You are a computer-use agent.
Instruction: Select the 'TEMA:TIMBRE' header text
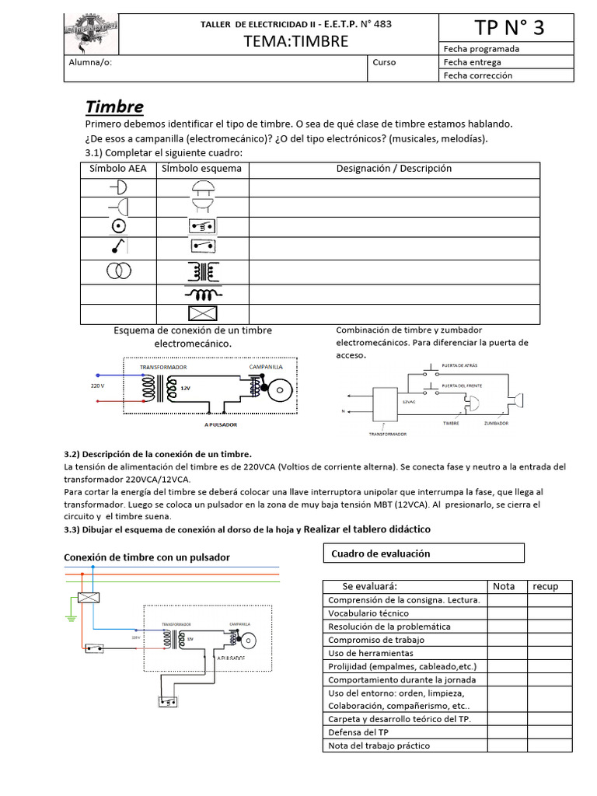coord(295,41)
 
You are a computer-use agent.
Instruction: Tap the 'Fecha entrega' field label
coord(472,62)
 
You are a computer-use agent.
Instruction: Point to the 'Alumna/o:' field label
coord(91,63)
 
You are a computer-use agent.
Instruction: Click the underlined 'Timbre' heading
coord(114,106)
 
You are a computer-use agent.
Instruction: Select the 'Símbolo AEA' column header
coord(117,169)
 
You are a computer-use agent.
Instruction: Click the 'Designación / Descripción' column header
coord(393,169)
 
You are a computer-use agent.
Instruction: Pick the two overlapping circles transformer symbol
coord(118,271)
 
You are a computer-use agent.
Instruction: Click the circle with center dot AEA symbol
coord(118,226)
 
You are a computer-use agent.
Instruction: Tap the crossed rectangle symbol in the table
coord(202,314)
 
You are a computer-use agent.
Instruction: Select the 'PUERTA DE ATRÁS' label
coord(459,365)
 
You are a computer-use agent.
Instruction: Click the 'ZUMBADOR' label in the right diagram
coord(496,424)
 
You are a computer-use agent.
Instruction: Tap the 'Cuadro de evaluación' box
coord(423,553)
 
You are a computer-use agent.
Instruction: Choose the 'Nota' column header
coord(504,586)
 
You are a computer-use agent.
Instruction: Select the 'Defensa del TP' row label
coord(358,732)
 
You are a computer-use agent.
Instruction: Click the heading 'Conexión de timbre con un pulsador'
coord(146,557)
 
